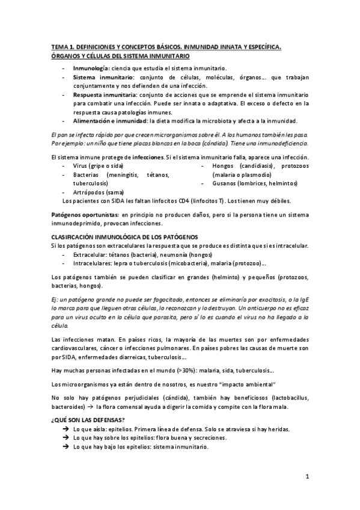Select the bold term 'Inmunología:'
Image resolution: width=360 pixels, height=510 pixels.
click(91, 70)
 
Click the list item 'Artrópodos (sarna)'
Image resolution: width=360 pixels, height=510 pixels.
click(99, 192)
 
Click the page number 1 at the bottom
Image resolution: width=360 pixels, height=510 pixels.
click(307, 478)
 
